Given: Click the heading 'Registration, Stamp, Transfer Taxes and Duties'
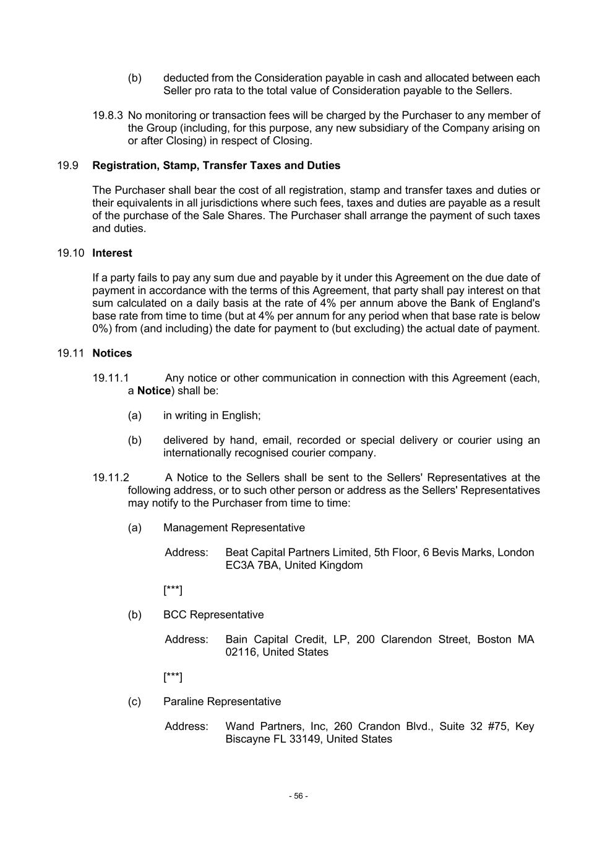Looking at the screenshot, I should pos(216,166).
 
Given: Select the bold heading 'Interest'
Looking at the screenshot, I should pos(112,253).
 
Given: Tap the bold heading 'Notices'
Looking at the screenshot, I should pos(112,353).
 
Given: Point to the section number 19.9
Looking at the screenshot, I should pos(67,166).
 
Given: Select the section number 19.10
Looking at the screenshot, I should pos(70,253).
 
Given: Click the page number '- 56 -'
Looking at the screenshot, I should pos(298,796).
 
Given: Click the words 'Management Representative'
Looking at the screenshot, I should pos(234,528).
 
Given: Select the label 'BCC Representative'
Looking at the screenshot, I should pos(213,615).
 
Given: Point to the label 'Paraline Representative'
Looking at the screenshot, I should pos(222,701).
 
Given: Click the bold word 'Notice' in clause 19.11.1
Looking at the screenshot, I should pos(153,391).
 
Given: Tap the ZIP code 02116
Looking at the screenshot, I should pos(241,652).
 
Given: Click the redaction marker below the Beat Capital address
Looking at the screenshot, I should pos(173,590).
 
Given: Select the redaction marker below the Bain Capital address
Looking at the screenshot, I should pos(173,677).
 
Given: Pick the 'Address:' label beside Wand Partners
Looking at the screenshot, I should pos(186,726).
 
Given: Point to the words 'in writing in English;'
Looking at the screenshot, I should pos(212,416).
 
